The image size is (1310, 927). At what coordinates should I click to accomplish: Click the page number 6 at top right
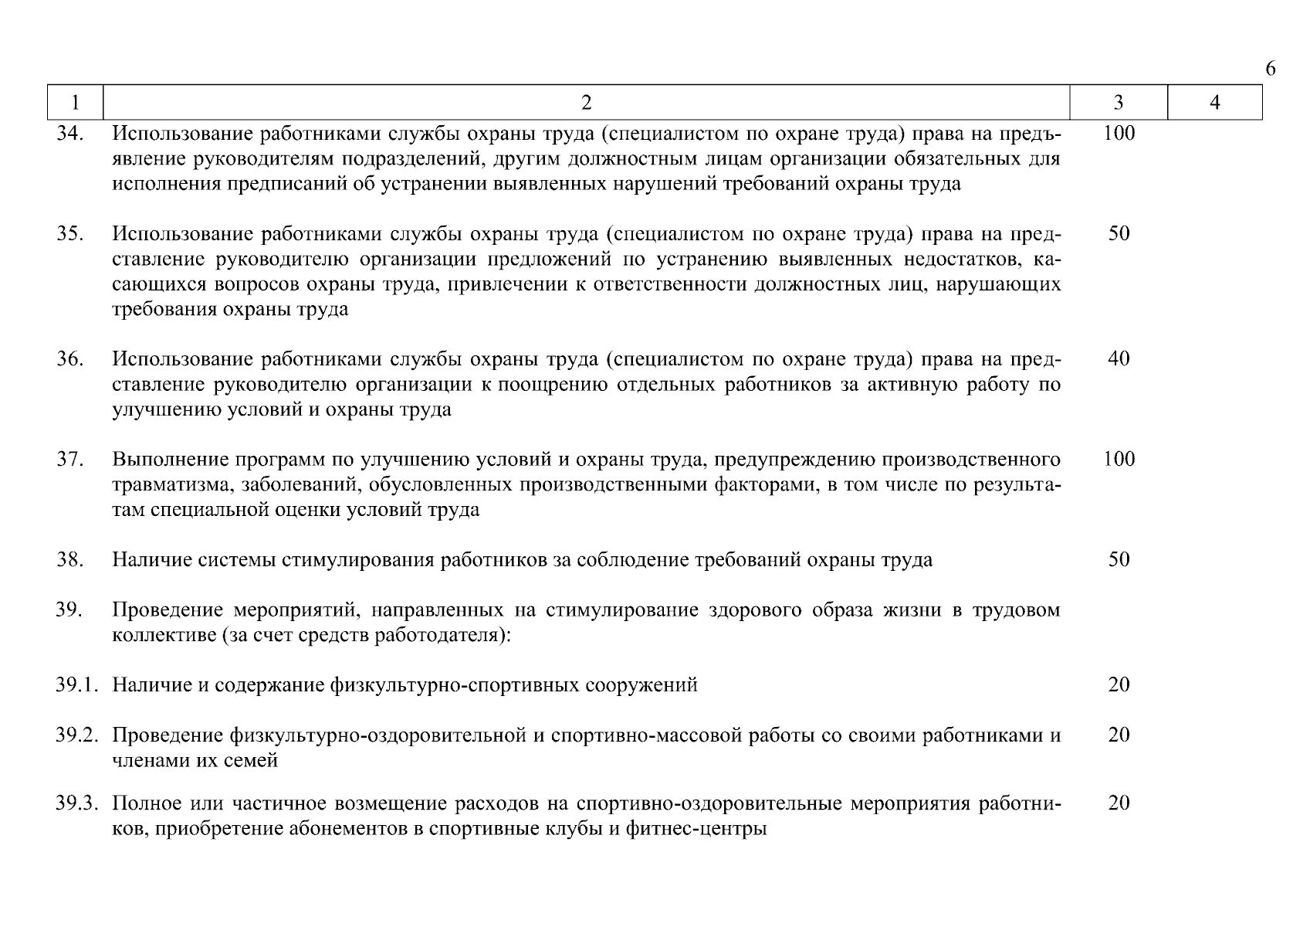pyautogui.click(x=1270, y=70)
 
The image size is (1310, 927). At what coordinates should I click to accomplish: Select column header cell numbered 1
pyautogui.click(x=75, y=103)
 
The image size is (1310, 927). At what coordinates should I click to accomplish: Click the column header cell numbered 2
pyautogui.click(x=586, y=103)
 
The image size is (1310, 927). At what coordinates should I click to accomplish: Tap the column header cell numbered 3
pyautogui.click(x=1119, y=103)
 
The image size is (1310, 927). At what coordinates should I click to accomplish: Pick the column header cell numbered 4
pyautogui.click(x=1214, y=103)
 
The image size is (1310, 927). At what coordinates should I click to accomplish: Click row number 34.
pyautogui.click(x=69, y=134)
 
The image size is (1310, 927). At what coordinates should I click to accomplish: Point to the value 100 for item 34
pyautogui.click(x=1119, y=134)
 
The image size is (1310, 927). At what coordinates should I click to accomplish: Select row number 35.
pyautogui.click(x=69, y=233)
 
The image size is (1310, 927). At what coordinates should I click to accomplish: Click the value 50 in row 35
pyautogui.click(x=1119, y=233)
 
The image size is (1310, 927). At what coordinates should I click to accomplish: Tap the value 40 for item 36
pyautogui.click(x=1119, y=358)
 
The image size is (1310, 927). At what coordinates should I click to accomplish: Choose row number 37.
pyautogui.click(x=69, y=459)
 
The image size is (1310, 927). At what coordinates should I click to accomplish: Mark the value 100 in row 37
pyautogui.click(x=1119, y=459)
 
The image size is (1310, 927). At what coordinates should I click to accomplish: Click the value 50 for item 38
pyautogui.click(x=1119, y=559)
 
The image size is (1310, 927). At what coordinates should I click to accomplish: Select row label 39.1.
pyautogui.click(x=76, y=685)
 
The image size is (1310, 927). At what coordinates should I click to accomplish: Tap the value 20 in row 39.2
pyautogui.click(x=1119, y=735)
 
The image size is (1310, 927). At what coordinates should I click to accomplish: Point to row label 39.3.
pyautogui.click(x=76, y=803)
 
